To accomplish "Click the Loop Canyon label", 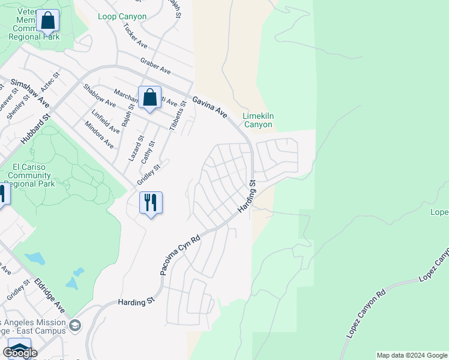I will [122, 16].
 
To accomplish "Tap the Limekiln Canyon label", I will [258, 120].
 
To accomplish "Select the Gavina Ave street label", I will [209, 106].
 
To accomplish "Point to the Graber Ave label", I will [155, 67].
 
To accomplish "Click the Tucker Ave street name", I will [134, 36].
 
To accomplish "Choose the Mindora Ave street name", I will [99, 136].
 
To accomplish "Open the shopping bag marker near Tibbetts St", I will [149, 98].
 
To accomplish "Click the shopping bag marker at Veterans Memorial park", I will [48, 21].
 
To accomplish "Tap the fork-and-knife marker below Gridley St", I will [151, 203].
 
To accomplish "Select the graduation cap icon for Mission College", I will [75, 326].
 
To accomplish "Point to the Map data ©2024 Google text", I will [411, 355].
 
